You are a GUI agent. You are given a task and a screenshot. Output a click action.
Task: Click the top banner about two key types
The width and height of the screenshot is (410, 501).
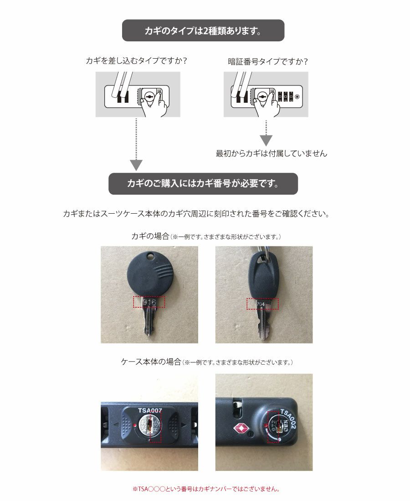[x=203, y=30]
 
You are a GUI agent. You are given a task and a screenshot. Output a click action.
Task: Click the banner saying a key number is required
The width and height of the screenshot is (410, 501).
[x=203, y=184]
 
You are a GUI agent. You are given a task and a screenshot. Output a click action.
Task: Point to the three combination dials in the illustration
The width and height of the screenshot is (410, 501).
[x=284, y=96]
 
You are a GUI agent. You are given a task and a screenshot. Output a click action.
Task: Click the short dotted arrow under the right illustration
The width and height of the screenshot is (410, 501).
[x=266, y=132]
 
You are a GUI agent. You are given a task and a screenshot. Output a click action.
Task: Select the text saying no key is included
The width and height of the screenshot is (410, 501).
[x=271, y=154]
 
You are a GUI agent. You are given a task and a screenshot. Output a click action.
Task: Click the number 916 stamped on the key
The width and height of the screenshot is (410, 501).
[x=149, y=302]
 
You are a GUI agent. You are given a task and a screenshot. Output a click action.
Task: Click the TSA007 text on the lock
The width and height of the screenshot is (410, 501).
[x=150, y=411]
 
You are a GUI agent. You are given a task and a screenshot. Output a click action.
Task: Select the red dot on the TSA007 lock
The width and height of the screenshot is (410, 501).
[x=137, y=426]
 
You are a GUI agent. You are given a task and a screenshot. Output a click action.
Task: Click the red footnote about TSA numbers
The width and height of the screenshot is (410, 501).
[x=205, y=490]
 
